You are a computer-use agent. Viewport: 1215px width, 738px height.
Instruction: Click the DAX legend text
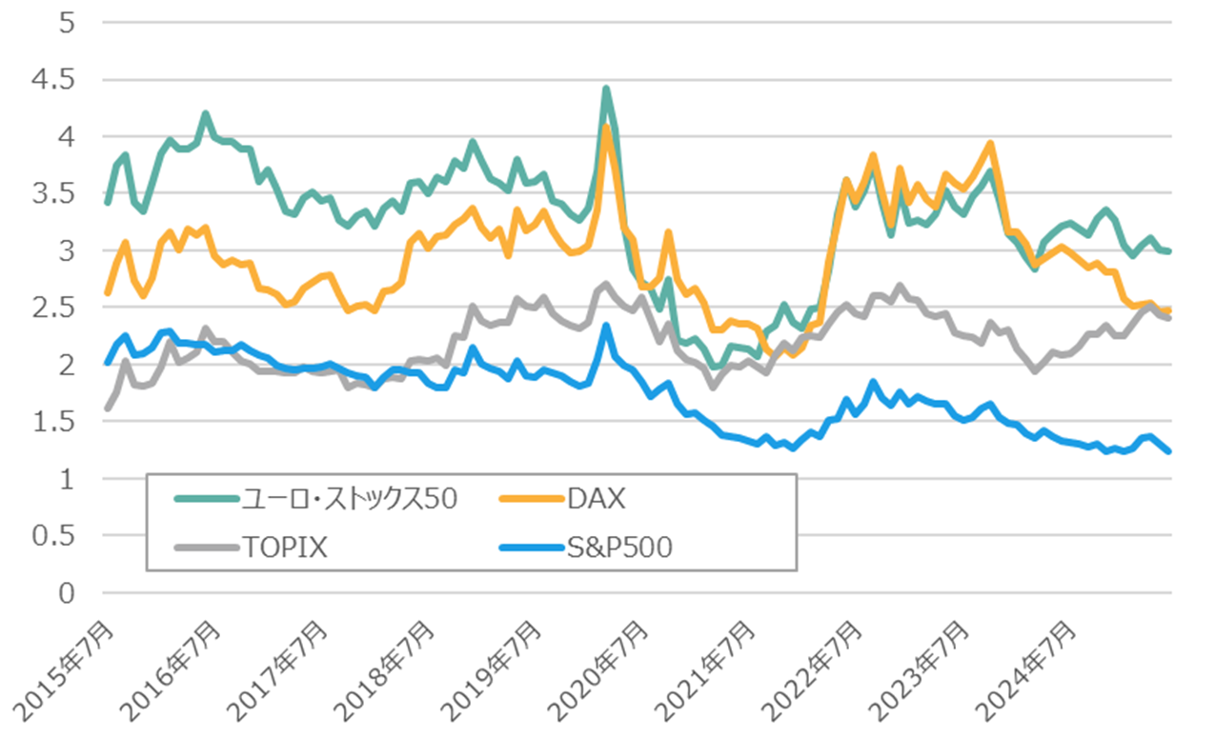click(597, 499)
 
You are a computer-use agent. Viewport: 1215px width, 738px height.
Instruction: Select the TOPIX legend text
click(284, 549)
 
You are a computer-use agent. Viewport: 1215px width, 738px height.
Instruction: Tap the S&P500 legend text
click(621, 549)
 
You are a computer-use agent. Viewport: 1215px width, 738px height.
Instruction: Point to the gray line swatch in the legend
click(204, 549)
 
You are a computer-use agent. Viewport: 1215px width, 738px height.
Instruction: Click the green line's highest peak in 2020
click(606, 89)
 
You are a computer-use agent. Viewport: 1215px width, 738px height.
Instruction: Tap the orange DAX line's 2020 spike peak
click(606, 127)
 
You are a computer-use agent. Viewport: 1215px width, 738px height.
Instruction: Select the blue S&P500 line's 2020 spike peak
click(606, 326)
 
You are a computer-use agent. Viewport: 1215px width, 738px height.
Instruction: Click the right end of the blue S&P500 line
click(1168, 452)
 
